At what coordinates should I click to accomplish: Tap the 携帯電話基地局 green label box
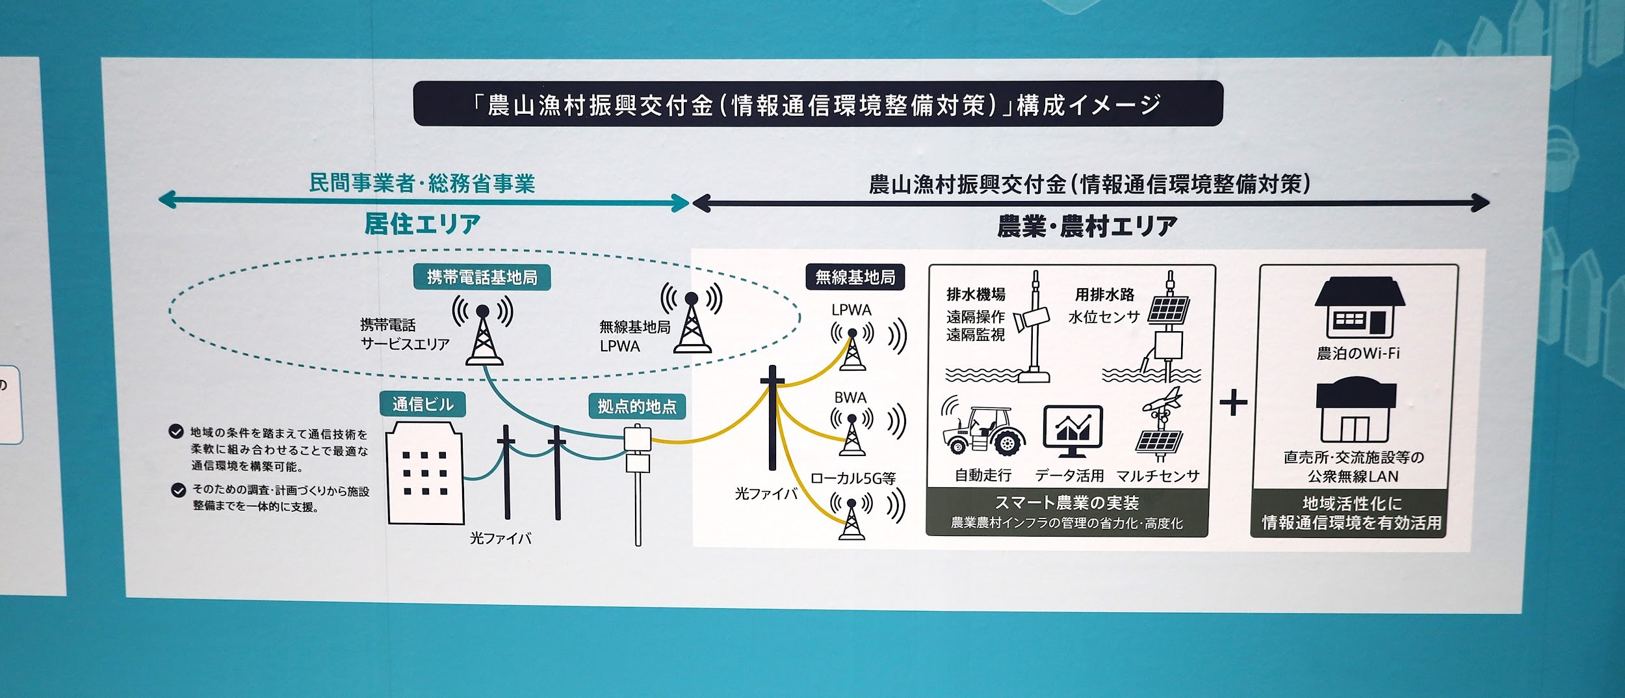[x=482, y=278]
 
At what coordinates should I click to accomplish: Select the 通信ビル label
[x=422, y=405]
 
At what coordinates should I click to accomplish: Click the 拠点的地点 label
[x=636, y=407]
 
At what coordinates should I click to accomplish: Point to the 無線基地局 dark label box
[x=855, y=278]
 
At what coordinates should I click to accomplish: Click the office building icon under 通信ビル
[x=425, y=472]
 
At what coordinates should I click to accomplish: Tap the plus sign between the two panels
[x=1233, y=403]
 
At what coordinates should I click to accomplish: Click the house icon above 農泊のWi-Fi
[x=1359, y=307]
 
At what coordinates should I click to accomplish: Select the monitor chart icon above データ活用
[x=1072, y=430]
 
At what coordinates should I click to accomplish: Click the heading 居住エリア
[x=422, y=224]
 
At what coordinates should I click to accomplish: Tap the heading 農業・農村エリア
[x=1087, y=226]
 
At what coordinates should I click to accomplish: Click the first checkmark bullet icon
[x=175, y=431]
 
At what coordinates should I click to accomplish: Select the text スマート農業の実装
[x=1067, y=503]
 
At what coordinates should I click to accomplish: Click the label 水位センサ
[x=1104, y=317]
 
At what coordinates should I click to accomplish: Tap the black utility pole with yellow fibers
[x=772, y=416]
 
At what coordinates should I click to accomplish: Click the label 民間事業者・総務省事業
[x=422, y=184]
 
